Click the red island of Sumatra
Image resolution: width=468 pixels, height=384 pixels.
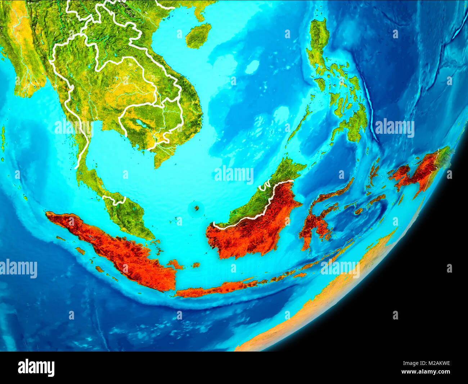pos(119,249)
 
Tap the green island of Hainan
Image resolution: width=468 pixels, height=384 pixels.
pos(198,35)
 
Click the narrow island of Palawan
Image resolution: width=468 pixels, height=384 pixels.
pos(299,126)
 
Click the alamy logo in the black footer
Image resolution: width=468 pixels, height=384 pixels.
pos(36,368)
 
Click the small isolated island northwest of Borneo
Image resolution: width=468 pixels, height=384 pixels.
pos(197,208)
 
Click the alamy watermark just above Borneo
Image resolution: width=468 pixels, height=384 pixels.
pos(234,175)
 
